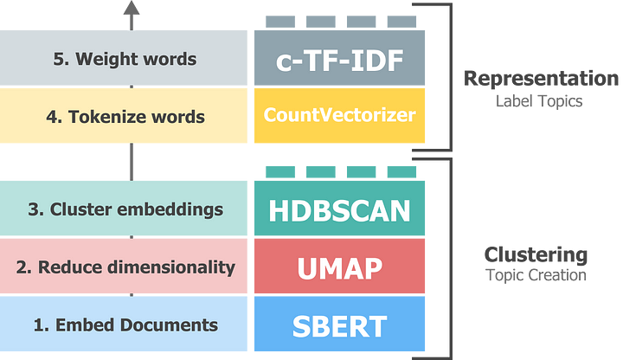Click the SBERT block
click(339, 325)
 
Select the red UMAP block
click(339, 267)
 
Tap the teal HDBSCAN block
click(339, 209)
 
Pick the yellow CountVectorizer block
click(339, 115)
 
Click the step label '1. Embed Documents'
click(125, 325)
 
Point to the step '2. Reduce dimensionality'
click(125, 267)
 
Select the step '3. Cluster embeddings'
click(125, 209)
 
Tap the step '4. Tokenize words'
click(125, 116)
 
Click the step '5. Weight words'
click(125, 59)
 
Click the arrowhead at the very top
click(132, 10)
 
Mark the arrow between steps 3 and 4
click(132, 161)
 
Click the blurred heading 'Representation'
click(541, 79)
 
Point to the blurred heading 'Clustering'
click(536, 254)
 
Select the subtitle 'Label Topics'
click(540, 101)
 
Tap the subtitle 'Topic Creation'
click(536, 276)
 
